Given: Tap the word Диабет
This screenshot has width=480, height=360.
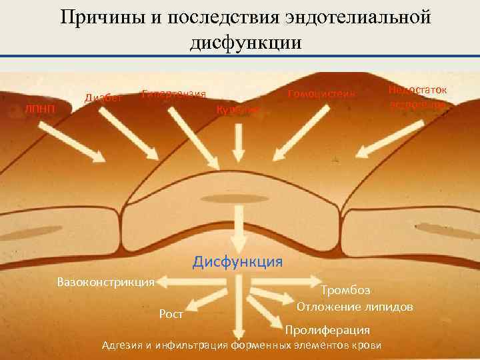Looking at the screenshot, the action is pyautogui.click(x=103, y=98).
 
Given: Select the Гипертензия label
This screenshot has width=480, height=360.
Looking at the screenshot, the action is pyautogui.click(x=173, y=93).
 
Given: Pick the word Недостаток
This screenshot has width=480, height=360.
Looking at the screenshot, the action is pyautogui.click(x=417, y=89).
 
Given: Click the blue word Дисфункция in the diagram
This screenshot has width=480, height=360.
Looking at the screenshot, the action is pyautogui.click(x=238, y=260).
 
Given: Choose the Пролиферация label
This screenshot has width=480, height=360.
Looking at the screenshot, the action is pyautogui.click(x=327, y=330).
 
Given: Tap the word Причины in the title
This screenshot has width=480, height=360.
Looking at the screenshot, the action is pyautogui.click(x=102, y=17).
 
